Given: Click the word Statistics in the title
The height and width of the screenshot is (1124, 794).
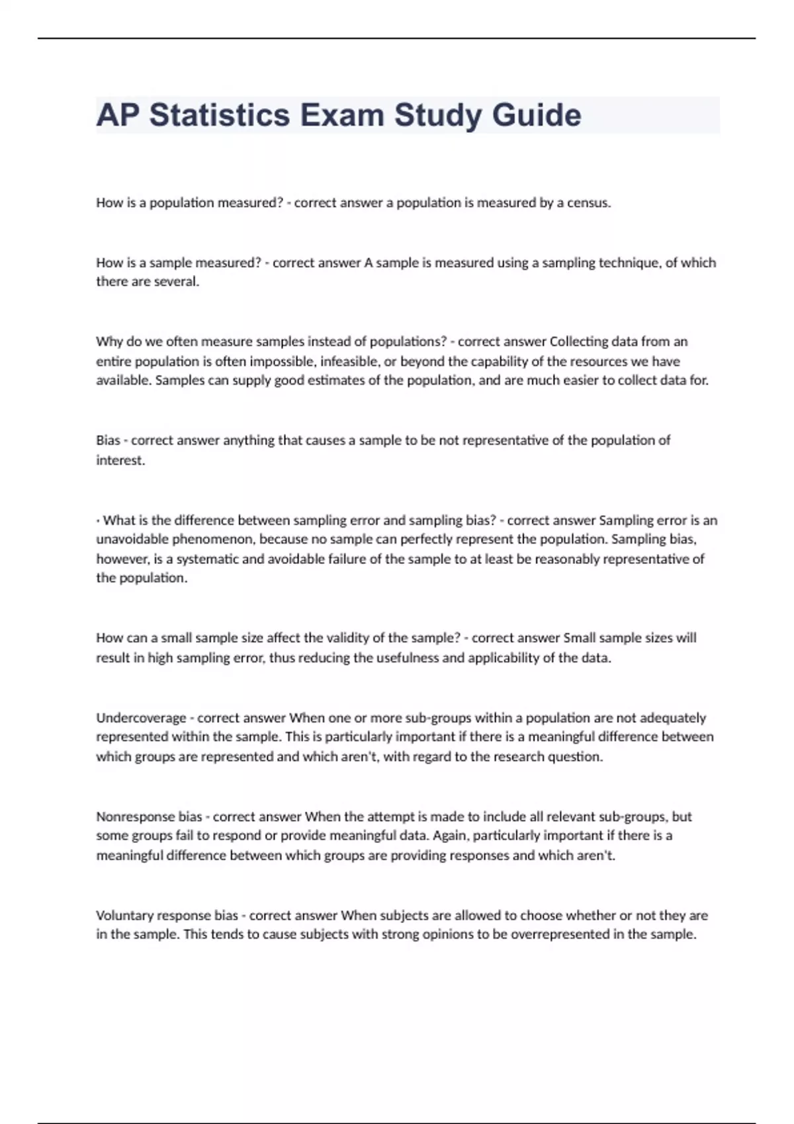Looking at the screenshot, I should pyautogui.click(x=219, y=115).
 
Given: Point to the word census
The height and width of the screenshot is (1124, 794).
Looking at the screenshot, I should pyautogui.click(x=588, y=203).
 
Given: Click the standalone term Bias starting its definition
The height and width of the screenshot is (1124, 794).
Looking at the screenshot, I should pyautogui.click(x=108, y=440).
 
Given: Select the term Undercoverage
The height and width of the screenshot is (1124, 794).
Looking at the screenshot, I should pyautogui.click(x=141, y=718).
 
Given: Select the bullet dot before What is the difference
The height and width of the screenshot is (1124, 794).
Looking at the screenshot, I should pyautogui.click(x=98, y=521).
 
